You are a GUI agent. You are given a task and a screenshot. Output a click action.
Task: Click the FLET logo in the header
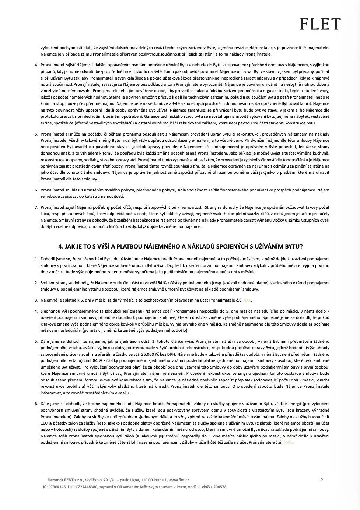[319, 24]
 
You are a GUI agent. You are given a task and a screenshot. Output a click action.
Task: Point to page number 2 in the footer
[322, 480]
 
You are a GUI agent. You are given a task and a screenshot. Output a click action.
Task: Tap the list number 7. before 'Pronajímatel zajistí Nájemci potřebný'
[36, 207]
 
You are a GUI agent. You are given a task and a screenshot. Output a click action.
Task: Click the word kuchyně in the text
[320, 154]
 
